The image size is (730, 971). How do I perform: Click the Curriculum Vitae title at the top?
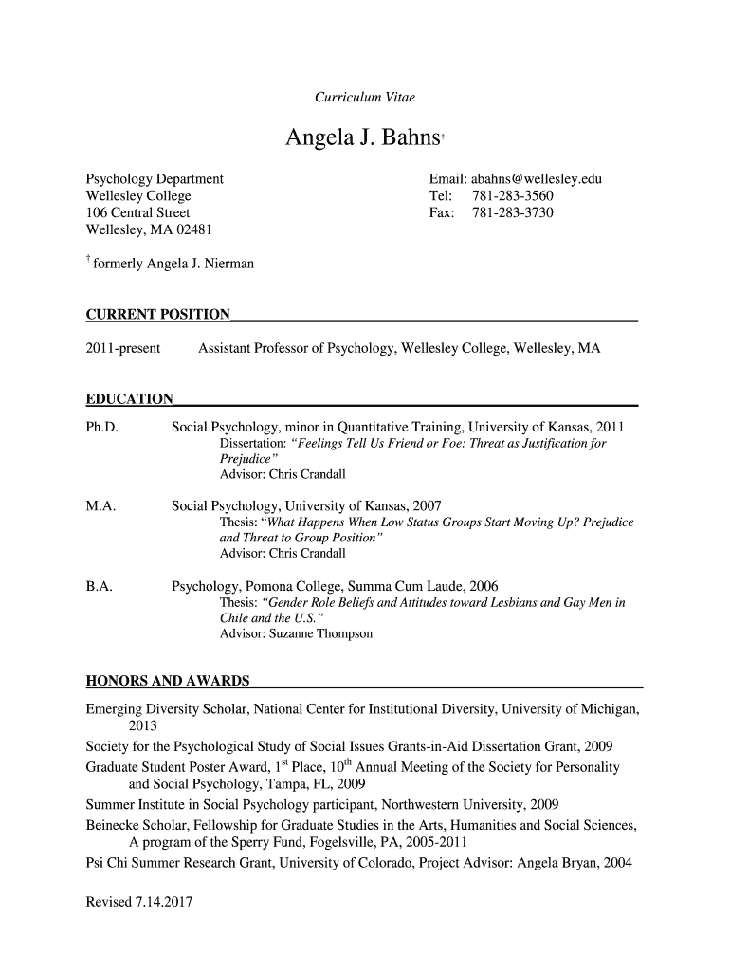pyautogui.click(x=364, y=98)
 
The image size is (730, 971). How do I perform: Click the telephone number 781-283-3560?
pyautogui.click(x=513, y=196)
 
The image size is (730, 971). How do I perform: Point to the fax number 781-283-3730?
pyautogui.click(x=513, y=213)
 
